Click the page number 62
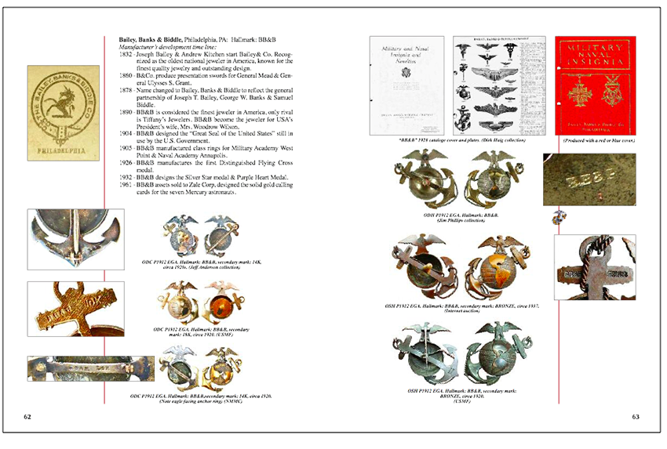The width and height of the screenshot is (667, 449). point(27,416)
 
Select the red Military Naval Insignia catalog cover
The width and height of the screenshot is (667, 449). point(596,85)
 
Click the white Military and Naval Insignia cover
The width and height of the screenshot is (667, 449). point(406,85)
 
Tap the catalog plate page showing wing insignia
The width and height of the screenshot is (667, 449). point(499,85)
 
